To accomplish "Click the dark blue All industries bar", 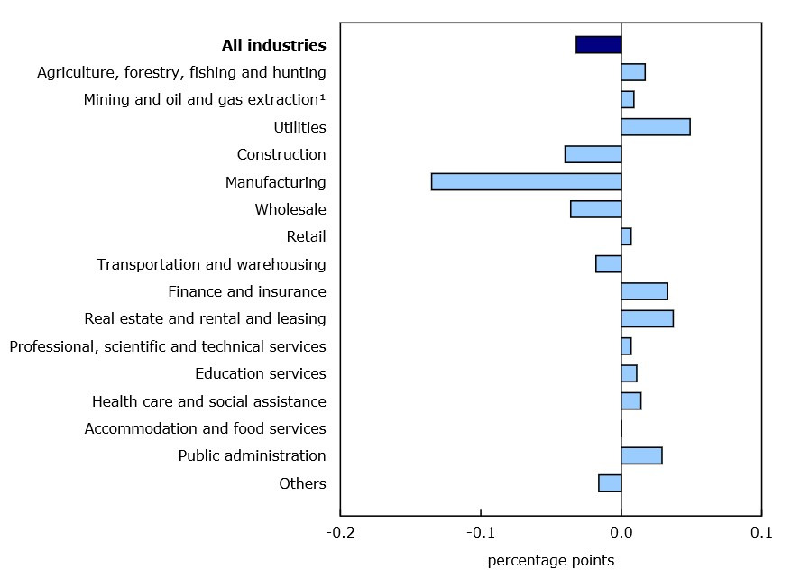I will click(598, 45).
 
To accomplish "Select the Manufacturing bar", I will click(526, 182).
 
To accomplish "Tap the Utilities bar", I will click(656, 127).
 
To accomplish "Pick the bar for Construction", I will click(593, 154).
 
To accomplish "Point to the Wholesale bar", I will click(595, 209).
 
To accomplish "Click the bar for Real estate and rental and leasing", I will click(647, 318).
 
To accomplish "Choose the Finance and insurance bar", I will click(644, 291).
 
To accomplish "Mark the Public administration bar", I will click(641, 455).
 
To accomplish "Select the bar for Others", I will click(610, 483).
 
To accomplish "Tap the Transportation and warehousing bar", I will click(608, 264).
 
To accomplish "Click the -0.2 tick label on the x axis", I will click(340, 533).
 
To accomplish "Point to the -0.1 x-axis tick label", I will click(481, 533).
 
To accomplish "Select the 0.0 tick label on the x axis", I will click(621, 533).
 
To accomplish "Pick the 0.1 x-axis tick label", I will click(762, 533).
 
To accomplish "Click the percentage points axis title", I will click(550, 561).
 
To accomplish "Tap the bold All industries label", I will click(274, 45).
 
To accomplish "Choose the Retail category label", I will click(306, 237).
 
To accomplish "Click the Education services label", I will click(261, 373).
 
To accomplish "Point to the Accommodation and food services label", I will click(206, 428).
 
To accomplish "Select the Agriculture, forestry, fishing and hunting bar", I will click(633, 72).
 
